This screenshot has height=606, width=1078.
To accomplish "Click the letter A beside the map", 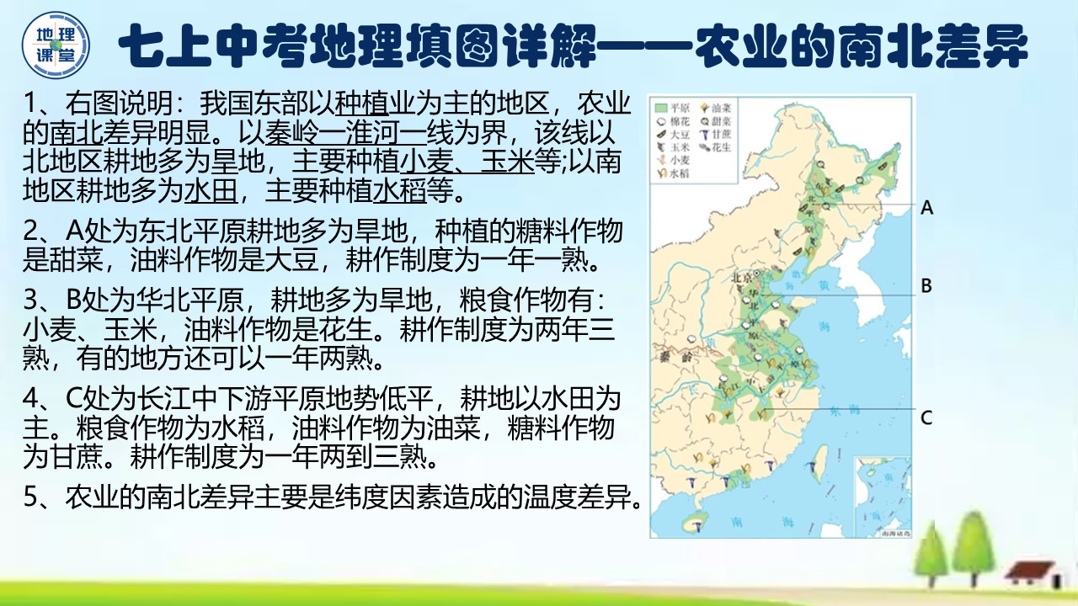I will [927, 207].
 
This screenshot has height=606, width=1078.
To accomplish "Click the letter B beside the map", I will [926, 286].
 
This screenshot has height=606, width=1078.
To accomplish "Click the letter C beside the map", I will [926, 417].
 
